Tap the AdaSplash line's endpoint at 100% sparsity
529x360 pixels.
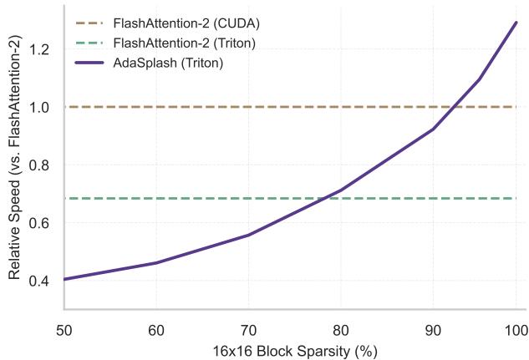click(x=516, y=23)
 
